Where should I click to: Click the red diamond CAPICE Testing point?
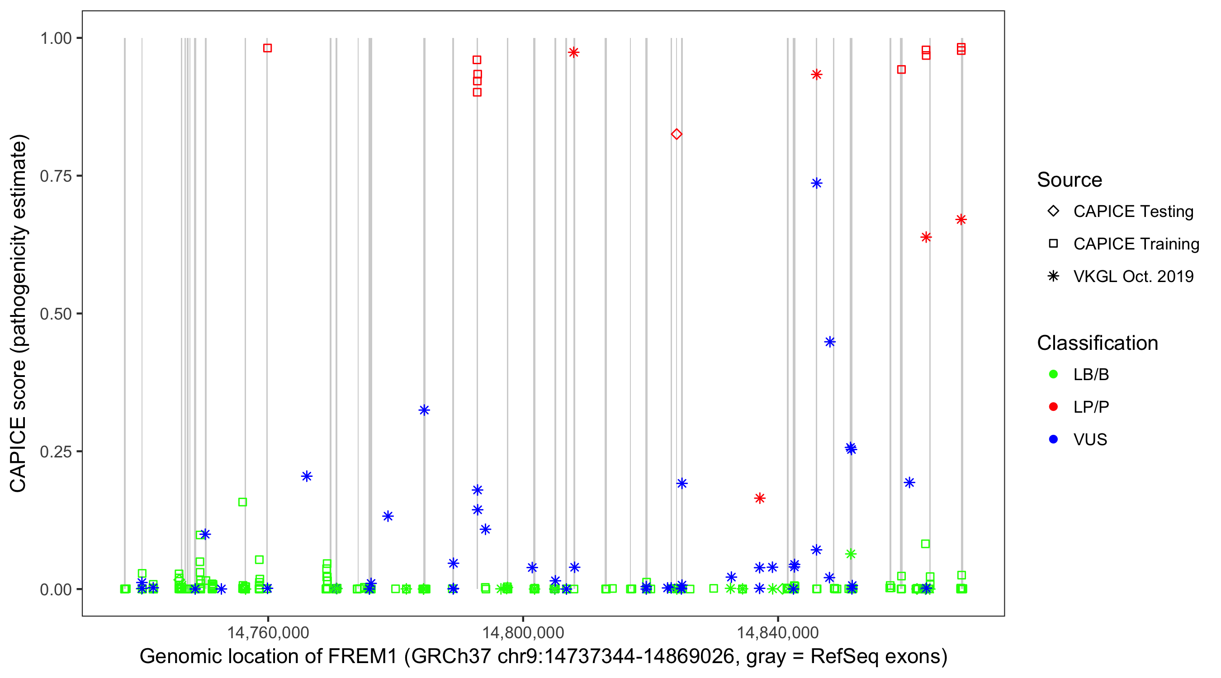pos(677,134)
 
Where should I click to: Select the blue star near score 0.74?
pos(816,183)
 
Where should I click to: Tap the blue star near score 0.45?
pos(829,342)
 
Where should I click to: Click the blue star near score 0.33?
pos(424,410)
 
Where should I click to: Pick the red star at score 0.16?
pos(760,498)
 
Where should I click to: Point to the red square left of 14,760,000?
pos(267,48)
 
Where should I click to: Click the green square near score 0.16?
pos(243,502)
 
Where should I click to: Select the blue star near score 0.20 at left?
pos(307,476)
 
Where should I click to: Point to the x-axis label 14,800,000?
pos(523,632)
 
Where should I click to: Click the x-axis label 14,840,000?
pos(778,632)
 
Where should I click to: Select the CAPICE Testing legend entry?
pos(1133,212)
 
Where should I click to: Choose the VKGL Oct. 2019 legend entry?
pos(1133,276)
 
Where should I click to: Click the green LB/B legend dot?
pos(1054,374)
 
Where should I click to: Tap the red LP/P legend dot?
pos(1054,407)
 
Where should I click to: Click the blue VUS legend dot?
pos(1054,439)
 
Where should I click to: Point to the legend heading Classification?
pos(1097,343)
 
